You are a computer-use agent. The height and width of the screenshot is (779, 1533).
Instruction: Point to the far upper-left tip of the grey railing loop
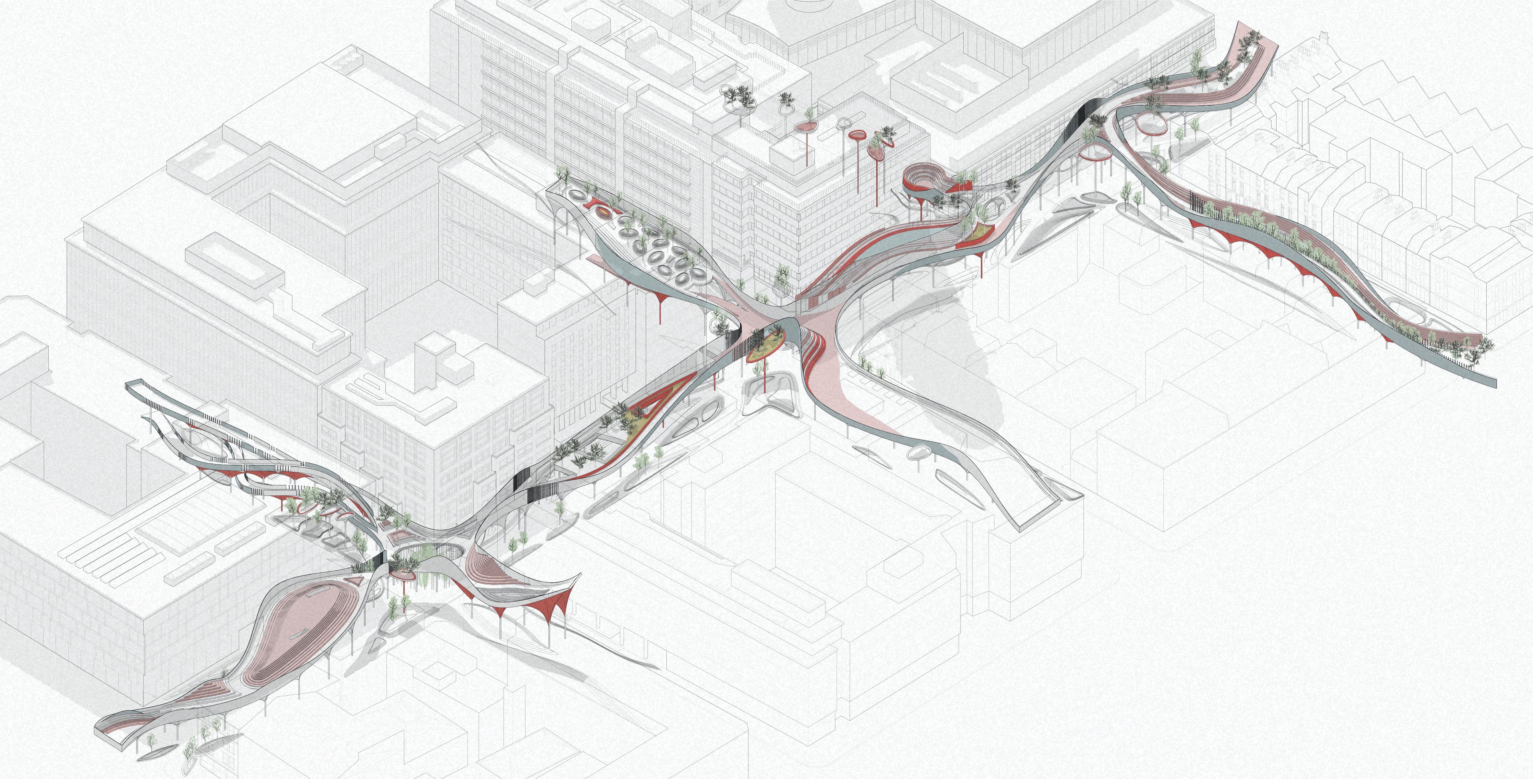[x=128, y=385]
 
